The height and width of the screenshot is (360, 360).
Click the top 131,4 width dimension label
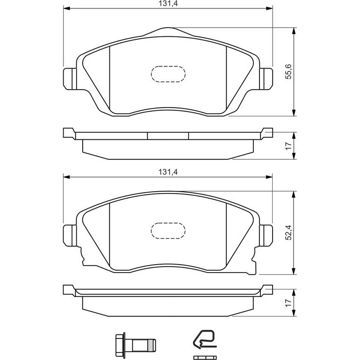click(x=168, y=4)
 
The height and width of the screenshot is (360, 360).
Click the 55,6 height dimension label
click(x=288, y=72)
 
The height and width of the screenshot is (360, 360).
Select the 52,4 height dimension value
click(x=288, y=232)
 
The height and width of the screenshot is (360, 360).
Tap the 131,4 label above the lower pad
click(x=168, y=172)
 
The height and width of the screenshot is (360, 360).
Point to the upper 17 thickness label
click(x=288, y=145)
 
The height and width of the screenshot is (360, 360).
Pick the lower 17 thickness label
click(x=288, y=302)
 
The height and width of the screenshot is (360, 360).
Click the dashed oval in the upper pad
click(x=168, y=74)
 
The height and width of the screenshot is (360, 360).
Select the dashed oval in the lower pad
click(x=168, y=231)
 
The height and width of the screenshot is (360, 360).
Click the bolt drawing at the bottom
click(x=135, y=343)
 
